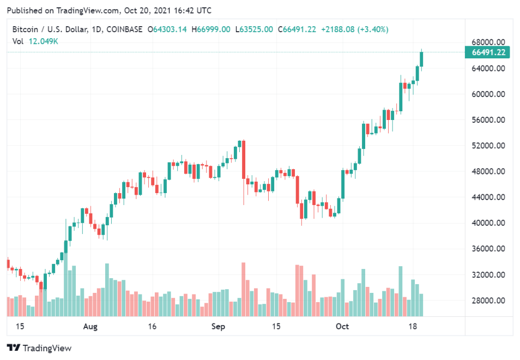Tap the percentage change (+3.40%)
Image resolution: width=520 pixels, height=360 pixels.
(373, 29)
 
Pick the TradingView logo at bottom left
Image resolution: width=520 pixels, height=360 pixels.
(39, 348)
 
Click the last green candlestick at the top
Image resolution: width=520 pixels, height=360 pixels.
(421, 59)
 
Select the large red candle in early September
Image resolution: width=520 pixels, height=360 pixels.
(243, 159)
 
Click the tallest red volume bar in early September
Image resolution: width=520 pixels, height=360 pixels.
(243, 289)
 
